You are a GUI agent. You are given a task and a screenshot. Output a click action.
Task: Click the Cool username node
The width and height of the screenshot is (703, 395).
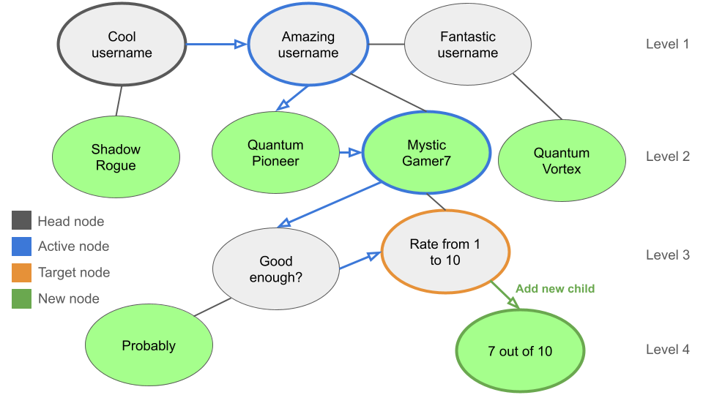coord(122,45)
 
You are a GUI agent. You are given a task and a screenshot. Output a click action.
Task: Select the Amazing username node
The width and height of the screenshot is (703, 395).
coord(308,45)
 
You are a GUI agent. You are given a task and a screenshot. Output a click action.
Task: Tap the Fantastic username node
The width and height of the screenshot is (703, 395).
coord(467,45)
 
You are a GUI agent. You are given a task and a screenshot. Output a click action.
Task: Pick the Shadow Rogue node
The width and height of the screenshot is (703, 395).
coord(116,157)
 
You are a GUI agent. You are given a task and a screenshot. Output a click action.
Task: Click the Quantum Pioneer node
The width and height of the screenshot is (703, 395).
coord(275,153)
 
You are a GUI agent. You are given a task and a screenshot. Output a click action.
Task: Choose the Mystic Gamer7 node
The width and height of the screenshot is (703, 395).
coord(426,153)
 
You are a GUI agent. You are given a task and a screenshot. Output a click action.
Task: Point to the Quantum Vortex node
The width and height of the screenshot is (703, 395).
coord(562,161)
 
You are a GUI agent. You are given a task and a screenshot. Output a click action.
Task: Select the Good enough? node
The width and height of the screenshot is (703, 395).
coord(275,269)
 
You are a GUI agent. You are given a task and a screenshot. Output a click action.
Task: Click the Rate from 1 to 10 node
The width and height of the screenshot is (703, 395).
coord(445,252)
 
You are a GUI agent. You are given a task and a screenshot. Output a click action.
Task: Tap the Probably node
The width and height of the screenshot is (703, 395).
coord(149,346)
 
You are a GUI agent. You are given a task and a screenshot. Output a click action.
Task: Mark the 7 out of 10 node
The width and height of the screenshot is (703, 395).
coord(520,351)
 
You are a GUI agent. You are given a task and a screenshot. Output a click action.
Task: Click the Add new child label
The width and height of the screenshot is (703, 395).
coord(555,288)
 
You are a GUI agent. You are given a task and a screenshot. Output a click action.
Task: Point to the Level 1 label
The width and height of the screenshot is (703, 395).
coord(667,44)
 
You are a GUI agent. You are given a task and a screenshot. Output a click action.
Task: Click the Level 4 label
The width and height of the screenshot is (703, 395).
coord(667,350)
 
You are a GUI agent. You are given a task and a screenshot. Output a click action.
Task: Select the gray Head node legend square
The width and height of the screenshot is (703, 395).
coord(22,221)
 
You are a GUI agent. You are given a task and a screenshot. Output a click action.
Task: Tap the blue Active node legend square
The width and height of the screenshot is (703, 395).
coord(22,247)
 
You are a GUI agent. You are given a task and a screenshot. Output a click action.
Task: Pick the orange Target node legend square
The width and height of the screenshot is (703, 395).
coord(22,273)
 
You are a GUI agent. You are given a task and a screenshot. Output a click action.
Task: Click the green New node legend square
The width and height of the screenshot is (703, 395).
coord(22,298)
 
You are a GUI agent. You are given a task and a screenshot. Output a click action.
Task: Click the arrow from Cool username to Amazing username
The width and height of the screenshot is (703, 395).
coord(216,45)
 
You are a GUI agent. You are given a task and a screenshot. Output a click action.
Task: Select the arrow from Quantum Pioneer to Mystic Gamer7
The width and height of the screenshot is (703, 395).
coord(350,153)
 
